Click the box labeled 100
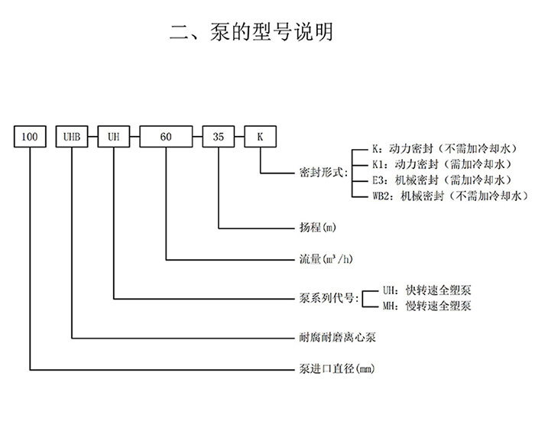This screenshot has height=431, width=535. pyautogui.click(x=31, y=138)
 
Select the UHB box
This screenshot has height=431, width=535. pyautogui.click(x=71, y=138)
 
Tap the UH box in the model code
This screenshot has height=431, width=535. pyautogui.click(x=113, y=138)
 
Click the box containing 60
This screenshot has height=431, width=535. pyautogui.click(x=166, y=138)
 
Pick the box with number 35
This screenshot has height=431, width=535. pyautogui.click(x=219, y=138)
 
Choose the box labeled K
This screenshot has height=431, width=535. pyautogui.click(x=260, y=138)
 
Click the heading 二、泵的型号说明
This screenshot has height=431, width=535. pyautogui.click(x=251, y=32)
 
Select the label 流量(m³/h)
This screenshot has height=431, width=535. pyautogui.click(x=325, y=259)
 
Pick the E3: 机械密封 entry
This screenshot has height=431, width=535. pyautogui.click(x=431, y=181)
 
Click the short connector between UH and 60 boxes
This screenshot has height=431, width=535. pyautogui.click(x=135, y=138)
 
